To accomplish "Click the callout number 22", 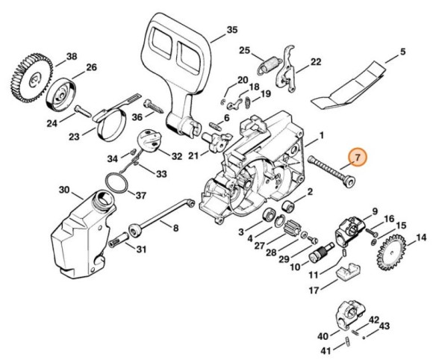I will (316, 62).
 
